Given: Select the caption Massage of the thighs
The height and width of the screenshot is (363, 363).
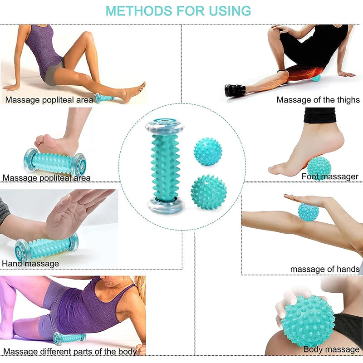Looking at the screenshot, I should pyautogui.click(x=318, y=99).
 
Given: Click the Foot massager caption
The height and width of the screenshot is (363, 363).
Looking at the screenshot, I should pyautogui.click(x=330, y=177).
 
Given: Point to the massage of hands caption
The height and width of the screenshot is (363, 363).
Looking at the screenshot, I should pyautogui.click(x=325, y=269).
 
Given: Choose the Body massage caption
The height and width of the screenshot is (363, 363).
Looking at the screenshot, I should pyautogui.click(x=331, y=349).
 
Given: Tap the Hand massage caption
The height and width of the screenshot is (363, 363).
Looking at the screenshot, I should pyautogui.click(x=30, y=263).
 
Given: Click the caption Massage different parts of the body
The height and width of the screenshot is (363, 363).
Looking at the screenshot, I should pyautogui.click(x=70, y=351).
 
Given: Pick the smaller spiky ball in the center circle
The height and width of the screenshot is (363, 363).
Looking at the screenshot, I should pyautogui.click(x=208, y=152).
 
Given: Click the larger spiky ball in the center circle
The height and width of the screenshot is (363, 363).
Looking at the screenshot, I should pyautogui.click(x=208, y=192).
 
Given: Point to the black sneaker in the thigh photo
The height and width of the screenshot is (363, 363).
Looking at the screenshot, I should pyautogui.click(x=235, y=91).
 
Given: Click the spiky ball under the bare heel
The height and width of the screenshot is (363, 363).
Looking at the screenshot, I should pyautogui.click(x=319, y=167).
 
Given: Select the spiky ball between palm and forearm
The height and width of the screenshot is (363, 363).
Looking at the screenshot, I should pyautogui.click(x=308, y=212).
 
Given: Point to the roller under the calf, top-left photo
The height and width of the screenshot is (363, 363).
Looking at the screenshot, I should pyautogui.click(x=104, y=98).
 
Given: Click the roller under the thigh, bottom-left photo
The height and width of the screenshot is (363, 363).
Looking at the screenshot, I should pyautogui.click(x=69, y=338).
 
